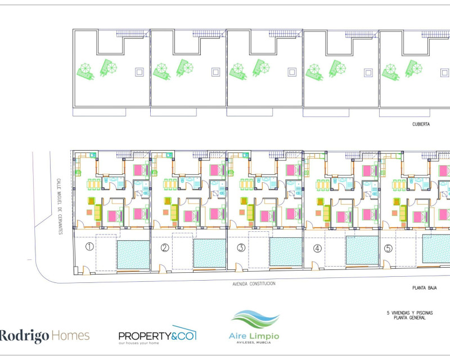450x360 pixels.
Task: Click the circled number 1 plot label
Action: pos(89,246)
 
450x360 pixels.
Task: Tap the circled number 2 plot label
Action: pos(165,247)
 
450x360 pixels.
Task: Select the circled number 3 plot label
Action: pos(241,247)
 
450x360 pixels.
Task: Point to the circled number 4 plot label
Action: pos(317,248)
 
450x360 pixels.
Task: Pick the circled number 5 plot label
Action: pos(388,248)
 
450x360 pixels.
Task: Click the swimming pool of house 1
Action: pos(133,255)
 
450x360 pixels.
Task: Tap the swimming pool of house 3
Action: pos(286,252)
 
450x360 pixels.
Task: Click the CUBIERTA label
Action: pos(421,124)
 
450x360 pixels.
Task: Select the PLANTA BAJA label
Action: pos(425,287)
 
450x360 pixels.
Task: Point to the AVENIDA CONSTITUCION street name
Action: pos(254,283)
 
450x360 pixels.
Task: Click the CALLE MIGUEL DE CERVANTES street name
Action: pos(60,206)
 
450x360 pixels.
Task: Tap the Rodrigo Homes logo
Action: pos(44,336)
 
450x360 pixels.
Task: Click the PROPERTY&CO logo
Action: pos(157,335)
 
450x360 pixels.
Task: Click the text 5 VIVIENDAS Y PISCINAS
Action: pos(410,313)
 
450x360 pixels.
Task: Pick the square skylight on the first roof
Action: pos(139,72)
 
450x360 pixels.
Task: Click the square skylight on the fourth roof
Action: pos(368,73)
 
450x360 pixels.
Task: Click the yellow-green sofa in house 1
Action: pos(98,212)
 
